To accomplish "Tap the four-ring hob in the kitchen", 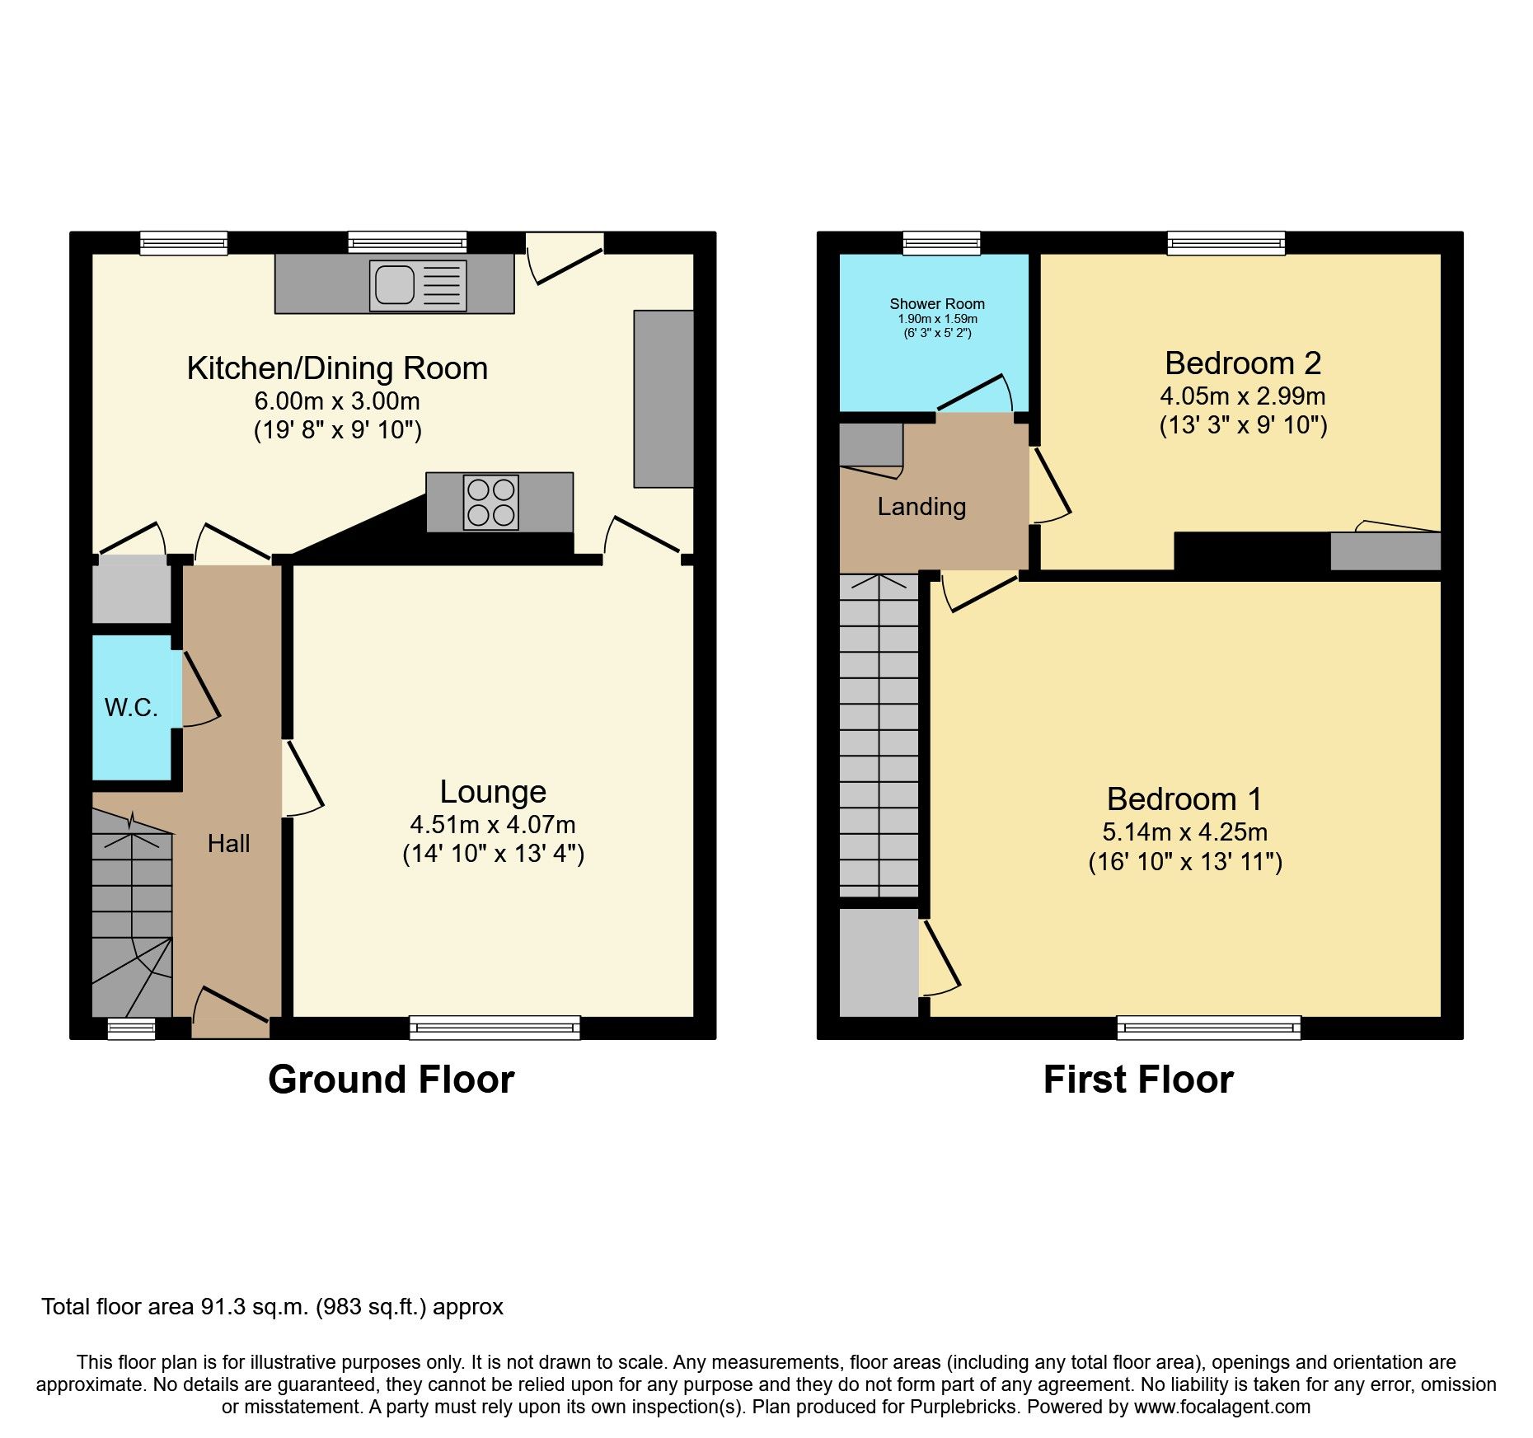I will coord(491,503).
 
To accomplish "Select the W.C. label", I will coord(131,707).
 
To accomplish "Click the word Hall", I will coord(228,844).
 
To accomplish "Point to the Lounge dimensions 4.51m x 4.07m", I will coord(493,825).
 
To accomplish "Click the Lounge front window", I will coord(495,1028).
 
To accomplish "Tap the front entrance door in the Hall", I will coord(231,1014).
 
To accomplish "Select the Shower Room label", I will coord(937,304).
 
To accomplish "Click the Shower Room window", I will coord(941,243).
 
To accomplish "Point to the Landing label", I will coord(921,507).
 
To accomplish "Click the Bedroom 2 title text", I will coord(1242,363).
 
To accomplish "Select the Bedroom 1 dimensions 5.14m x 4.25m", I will coord(1185,832).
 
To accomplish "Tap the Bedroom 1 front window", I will coord(1208,1028).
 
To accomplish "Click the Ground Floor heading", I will coord(391,1080).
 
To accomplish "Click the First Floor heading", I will coord(1137,1080).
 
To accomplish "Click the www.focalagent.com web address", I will coord(1221,1407).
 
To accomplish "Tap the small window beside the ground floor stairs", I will coord(132,1028).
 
